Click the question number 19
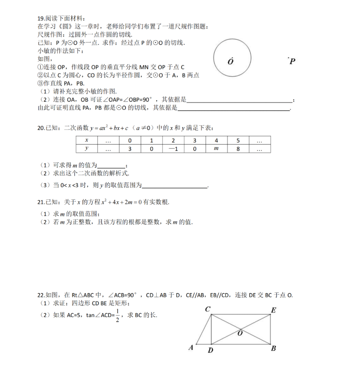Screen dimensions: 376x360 41,19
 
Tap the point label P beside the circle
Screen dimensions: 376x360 292,61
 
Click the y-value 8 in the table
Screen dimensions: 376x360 238,149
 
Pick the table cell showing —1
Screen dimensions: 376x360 172,149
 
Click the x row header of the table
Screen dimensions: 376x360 86,140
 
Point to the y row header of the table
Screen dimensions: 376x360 86,149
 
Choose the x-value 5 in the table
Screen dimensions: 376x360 238,140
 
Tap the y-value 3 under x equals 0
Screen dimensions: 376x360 130,149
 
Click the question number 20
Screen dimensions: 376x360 41,128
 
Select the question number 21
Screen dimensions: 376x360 41,202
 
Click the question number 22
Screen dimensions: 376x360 41,295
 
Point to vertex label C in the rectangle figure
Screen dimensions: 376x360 207,310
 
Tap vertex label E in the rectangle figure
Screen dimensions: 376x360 273,311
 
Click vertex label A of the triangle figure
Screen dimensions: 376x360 191,348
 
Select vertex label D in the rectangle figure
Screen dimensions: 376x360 210,351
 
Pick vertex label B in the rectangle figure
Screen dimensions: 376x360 273,349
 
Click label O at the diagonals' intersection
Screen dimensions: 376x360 239,333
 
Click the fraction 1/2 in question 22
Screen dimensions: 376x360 117,315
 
